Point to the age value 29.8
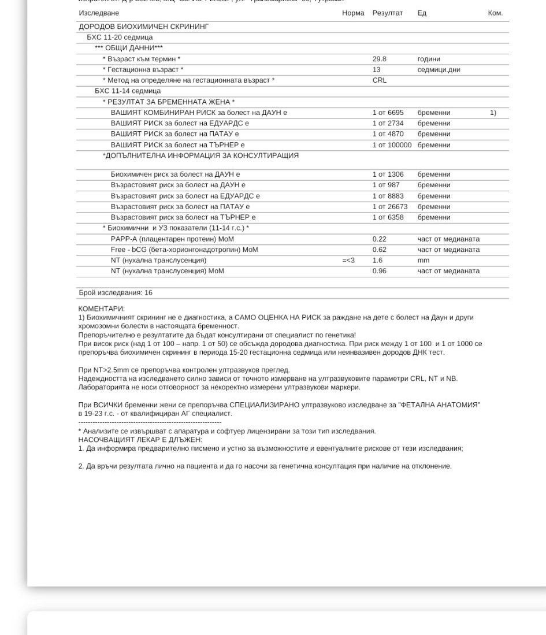click(380, 59)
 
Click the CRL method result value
click(380, 80)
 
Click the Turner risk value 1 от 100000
click(392, 145)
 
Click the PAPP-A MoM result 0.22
click(380, 239)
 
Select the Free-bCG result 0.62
click(380, 250)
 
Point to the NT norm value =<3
click(348, 261)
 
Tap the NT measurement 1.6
click(378, 261)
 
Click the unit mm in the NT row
click(424, 261)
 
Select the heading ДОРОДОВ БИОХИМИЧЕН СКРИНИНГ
click(144, 27)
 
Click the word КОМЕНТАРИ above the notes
click(101, 309)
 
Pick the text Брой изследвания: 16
click(116, 293)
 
